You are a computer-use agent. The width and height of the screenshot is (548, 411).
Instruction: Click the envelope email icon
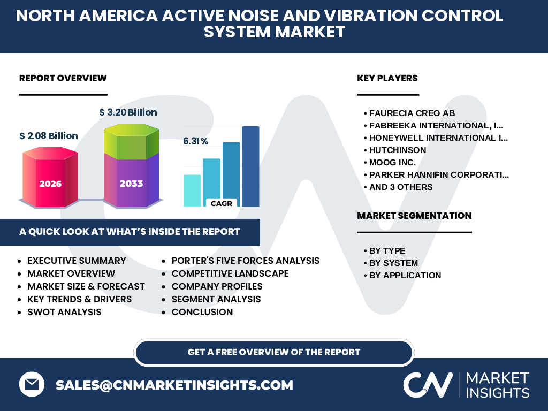pyautogui.click(x=32, y=384)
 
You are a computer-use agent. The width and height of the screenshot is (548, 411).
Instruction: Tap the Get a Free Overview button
pyautogui.click(x=274, y=352)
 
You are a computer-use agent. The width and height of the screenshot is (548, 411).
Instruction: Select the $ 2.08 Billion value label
pyautogui.click(x=49, y=135)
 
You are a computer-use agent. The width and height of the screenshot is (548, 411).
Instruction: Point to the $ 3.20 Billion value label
pyautogui.click(x=128, y=112)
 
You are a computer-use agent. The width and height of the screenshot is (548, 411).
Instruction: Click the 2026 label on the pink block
pyautogui.click(x=50, y=184)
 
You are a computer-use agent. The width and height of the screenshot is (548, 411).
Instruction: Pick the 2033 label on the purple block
pyautogui.click(x=132, y=184)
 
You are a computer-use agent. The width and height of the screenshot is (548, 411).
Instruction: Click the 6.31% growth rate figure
pyautogui.click(x=195, y=141)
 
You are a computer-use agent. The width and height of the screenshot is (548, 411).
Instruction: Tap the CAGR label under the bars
pyautogui.click(x=222, y=203)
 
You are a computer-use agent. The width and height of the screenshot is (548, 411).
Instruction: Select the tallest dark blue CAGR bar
pyautogui.click(x=250, y=166)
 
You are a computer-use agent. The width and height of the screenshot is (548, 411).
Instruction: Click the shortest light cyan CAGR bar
pyautogui.click(x=193, y=191)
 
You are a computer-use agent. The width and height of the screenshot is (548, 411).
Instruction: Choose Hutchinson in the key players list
pyautogui.click(x=398, y=150)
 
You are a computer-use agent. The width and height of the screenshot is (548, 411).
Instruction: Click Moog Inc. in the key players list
pyautogui.click(x=392, y=163)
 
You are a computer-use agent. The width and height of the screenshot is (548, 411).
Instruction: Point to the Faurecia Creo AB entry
pyautogui.click(x=412, y=113)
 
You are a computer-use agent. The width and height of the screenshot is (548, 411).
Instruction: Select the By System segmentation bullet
pyautogui.click(x=393, y=263)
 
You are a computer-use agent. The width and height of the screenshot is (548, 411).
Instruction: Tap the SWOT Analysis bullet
pyautogui.click(x=64, y=312)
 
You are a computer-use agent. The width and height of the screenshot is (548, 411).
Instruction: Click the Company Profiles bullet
pyautogui.click(x=217, y=287)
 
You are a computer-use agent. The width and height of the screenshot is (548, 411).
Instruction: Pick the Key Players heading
pyautogui.click(x=387, y=78)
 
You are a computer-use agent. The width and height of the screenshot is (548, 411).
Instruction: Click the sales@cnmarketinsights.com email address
pyautogui.click(x=174, y=385)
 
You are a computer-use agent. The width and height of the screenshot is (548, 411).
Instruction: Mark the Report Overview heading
pyautogui.click(x=63, y=78)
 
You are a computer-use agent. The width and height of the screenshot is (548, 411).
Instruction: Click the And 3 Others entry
pyautogui.click(x=401, y=187)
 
